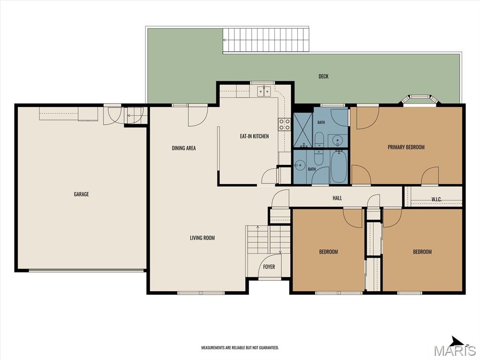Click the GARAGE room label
tap(82, 194)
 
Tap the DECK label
tap(323, 76)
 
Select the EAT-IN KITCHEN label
tap(255, 136)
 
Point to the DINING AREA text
tap(184, 148)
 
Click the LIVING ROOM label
tap(202, 238)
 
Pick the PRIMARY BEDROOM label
tap(406, 147)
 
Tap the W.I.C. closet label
tap(436, 199)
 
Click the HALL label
tap(337, 198)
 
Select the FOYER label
tap(269, 267)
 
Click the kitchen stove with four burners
tap(285, 124)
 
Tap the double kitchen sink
tap(264, 91)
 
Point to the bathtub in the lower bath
tap(339, 167)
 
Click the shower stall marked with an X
tap(303, 130)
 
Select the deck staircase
tap(266, 40)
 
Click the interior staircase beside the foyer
tap(269, 240)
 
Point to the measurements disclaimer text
tap(240, 348)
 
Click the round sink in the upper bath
tap(338, 141)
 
